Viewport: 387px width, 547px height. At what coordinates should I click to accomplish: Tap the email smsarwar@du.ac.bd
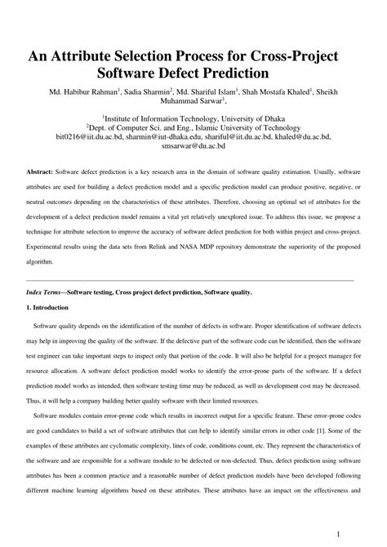(x=193, y=149)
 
